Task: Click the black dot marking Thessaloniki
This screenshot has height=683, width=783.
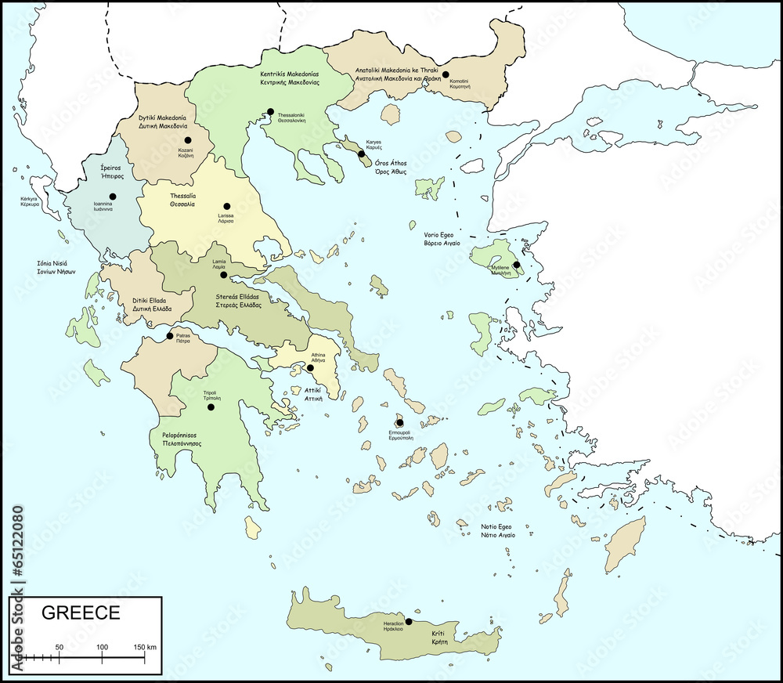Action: (x=270, y=111)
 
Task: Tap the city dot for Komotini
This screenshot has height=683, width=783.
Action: (x=446, y=74)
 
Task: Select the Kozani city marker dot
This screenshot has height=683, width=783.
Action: (x=188, y=139)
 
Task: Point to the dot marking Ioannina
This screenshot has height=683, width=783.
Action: (x=113, y=197)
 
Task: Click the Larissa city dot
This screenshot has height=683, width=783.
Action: (x=227, y=206)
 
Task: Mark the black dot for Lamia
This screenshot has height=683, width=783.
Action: (x=223, y=275)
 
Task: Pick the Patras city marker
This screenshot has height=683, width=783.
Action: (x=170, y=336)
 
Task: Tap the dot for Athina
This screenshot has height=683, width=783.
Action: (x=310, y=367)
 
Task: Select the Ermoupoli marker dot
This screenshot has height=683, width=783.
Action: (x=399, y=423)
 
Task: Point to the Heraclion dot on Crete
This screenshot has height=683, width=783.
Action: (x=408, y=621)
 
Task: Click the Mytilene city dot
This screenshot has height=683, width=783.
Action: (x=516, y=265)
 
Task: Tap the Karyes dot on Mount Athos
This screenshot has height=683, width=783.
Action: (x=362, y=154)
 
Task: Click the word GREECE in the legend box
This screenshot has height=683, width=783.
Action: (x=80, y=613)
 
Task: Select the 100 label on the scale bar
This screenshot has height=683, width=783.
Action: (x=102, y=647)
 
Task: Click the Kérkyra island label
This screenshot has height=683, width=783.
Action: (x=30, y=199)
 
